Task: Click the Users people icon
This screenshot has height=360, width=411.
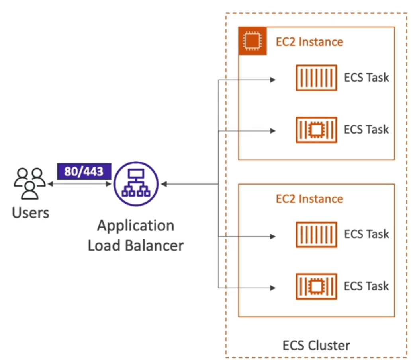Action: point(29,183)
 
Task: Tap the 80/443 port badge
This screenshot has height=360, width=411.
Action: point(84,171)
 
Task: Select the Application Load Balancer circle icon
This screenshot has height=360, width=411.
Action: point(136,184)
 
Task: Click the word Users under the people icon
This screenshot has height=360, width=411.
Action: point(31,212)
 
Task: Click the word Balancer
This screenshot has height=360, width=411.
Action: point(154,245)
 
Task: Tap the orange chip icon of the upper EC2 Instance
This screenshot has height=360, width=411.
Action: point(252,41)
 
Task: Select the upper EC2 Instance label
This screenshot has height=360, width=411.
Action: point(309,42)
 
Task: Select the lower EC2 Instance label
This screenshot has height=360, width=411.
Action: point(309,199)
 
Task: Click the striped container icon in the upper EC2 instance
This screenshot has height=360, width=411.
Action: point(316,78)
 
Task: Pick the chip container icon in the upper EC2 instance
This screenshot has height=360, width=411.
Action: point(316,130)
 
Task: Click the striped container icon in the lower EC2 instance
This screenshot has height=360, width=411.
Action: point(316,235)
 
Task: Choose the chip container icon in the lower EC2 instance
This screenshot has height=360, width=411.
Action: point(316,286)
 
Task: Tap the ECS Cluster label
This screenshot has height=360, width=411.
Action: point(316,346)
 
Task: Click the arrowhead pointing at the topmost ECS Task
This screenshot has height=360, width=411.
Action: point(273,80)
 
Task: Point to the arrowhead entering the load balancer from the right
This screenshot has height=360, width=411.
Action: point(164,184)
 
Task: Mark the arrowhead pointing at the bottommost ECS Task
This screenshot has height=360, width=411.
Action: point(273,288)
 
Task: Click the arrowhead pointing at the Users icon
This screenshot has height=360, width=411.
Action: point(51,184)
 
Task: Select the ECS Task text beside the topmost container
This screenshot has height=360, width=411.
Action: point(366,78)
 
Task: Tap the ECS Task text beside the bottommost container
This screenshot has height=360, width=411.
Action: point(366,286)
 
